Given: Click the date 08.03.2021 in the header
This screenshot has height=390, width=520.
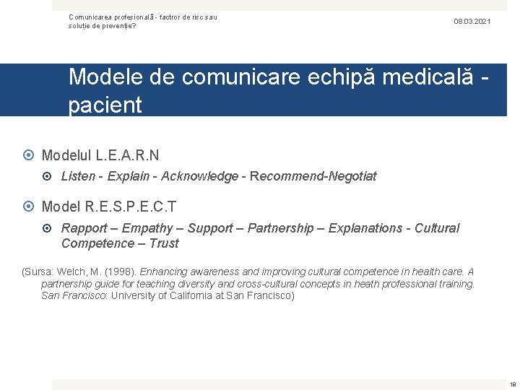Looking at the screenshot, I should (472, 22).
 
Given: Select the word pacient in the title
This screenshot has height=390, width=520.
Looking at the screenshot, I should (105, 105).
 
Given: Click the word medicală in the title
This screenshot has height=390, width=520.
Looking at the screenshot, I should (425, 77).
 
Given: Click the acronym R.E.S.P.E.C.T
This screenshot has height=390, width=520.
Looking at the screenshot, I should (131, 207).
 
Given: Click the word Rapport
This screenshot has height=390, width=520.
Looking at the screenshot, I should (84, 228).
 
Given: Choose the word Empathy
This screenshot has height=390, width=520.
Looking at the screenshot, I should (147, 228).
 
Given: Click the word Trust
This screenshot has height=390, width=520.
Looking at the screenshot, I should (163, 243).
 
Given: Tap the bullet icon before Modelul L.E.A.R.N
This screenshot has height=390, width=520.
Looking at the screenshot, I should (30, 155).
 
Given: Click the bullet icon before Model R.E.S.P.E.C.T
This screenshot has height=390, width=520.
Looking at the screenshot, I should (30, 207).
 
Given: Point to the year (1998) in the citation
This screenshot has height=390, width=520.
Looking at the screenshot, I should (121, 272).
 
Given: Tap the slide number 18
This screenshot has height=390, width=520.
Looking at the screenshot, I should (513, 385).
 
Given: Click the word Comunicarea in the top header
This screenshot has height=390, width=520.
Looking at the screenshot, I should (92, 17).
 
